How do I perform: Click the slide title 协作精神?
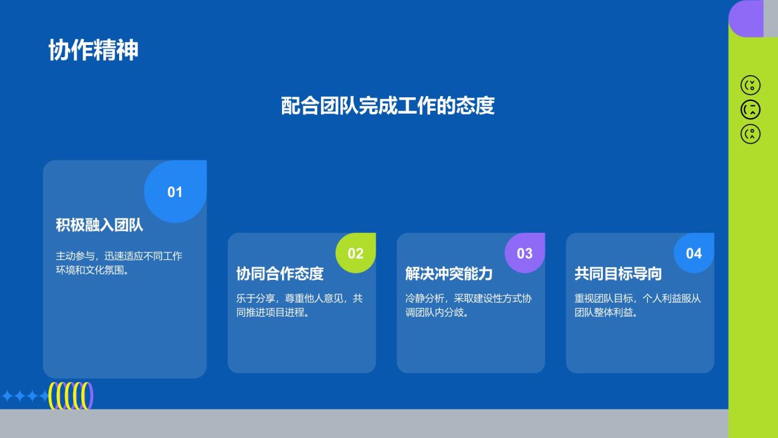[93, 50]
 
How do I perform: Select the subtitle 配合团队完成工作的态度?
[388, 105]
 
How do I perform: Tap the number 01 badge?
[175, 192]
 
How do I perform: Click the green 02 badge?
[356, 253]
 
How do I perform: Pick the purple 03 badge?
[525, 253]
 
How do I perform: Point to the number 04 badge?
[694, 253]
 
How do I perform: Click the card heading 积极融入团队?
[100, 225]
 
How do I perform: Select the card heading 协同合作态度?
[280, 274]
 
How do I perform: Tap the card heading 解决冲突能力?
[449, 274]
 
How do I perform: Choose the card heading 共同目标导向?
[618, 274]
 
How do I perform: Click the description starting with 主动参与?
[119, 263]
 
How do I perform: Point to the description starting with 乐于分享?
[299, 305]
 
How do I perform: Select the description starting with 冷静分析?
[468, 305]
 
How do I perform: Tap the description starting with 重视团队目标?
[637, 305]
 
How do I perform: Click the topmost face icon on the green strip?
[751, 85]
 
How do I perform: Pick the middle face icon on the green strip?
[751, 109]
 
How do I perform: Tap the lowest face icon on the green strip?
[751, 134]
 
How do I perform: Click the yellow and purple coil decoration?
[71, 395]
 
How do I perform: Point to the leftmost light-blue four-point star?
[8, 397]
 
